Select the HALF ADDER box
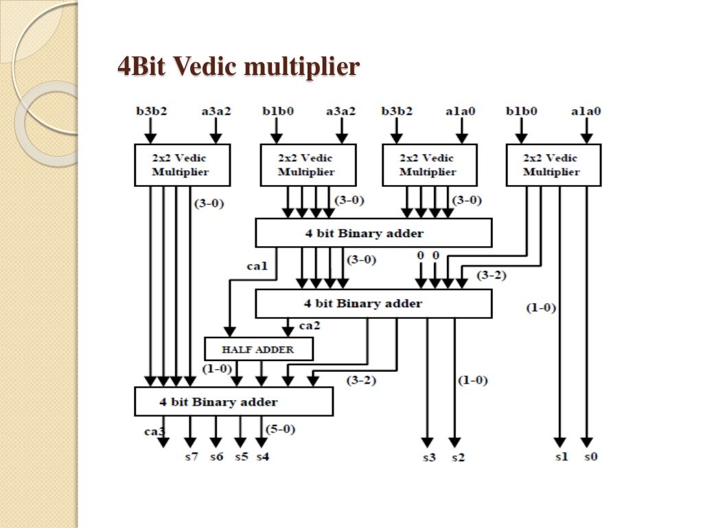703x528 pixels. coord(258,349)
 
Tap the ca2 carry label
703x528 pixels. coord(310,325)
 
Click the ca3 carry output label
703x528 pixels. coord(154,432)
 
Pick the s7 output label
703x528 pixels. coord(191,456)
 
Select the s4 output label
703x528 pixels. coord(263,456)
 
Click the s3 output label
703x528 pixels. coord(428,456)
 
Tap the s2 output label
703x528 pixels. coord(457,456)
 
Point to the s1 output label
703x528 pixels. coord(561,456)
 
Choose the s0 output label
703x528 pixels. coord(590,456)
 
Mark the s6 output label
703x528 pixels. coord(216,456)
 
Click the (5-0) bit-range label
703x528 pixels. coord(281,430)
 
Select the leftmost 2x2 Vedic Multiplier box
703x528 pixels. coord(181,165)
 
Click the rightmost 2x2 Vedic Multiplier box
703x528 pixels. coord(553,165)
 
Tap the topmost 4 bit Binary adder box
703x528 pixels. coord(373,233)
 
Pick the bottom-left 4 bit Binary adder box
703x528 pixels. coord(233,401)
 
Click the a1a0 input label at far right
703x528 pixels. coord(586,110)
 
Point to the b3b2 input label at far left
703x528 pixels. coord(150,110)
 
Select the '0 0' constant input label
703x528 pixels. coord(428,256)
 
